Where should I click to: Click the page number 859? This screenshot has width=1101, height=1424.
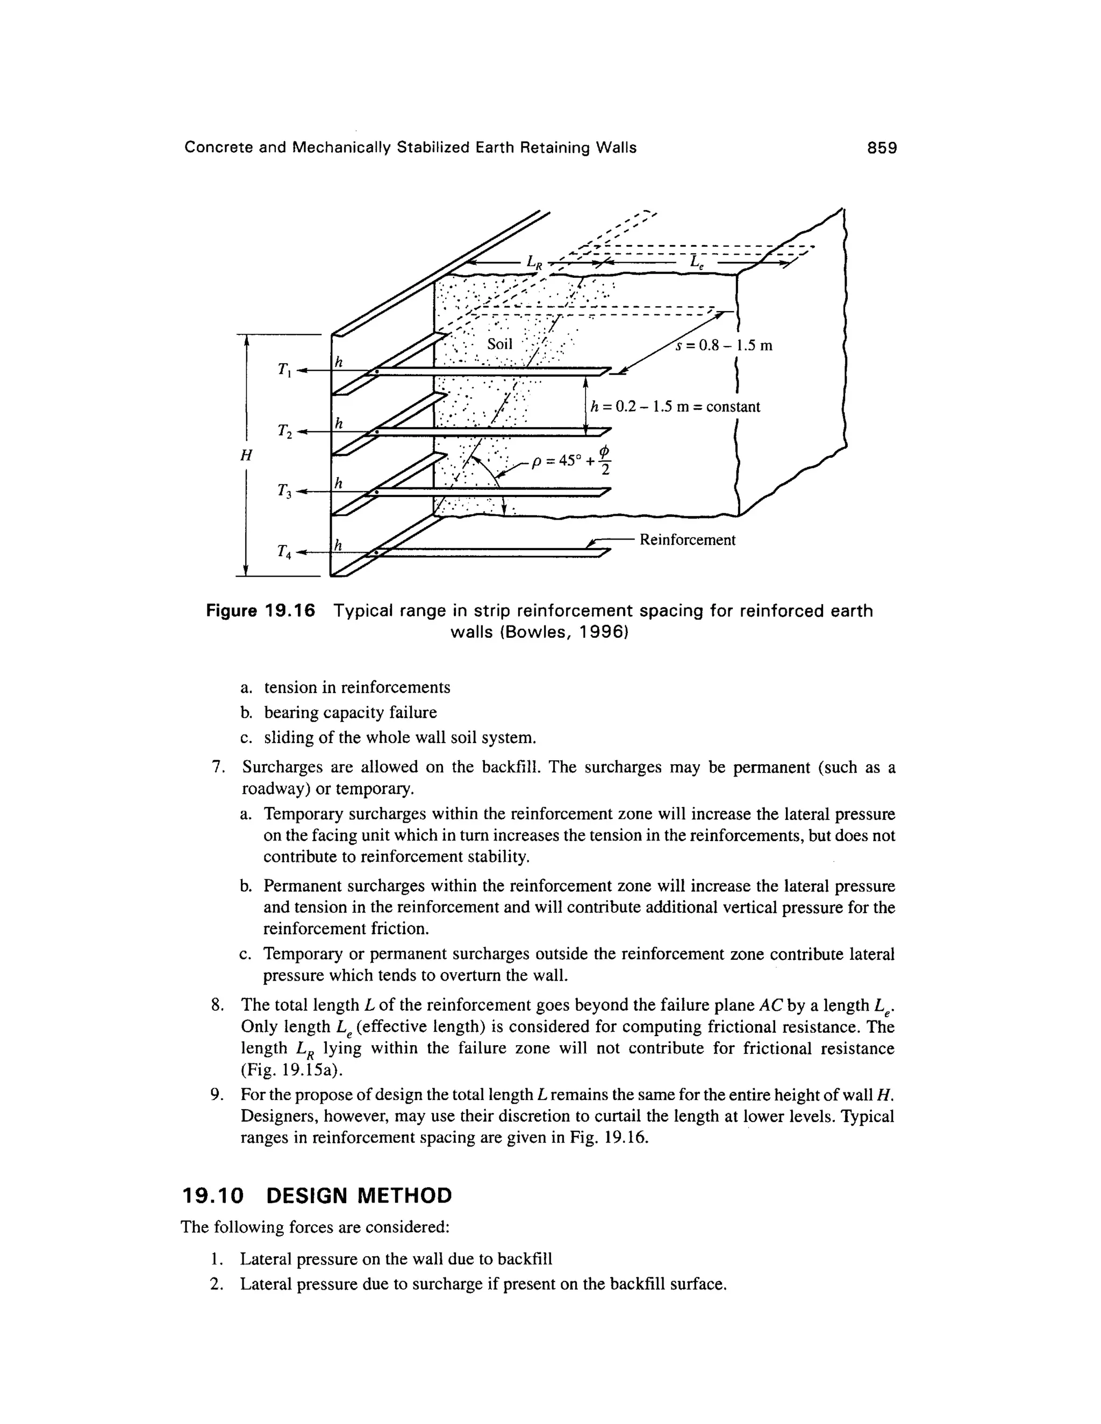point(882,148)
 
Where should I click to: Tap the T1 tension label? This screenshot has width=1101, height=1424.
point(284,370)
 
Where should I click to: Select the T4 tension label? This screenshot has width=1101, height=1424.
point(284,552)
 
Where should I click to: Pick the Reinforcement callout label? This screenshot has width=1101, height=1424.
point(687,540)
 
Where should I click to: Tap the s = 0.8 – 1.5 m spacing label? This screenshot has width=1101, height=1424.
point(724,345)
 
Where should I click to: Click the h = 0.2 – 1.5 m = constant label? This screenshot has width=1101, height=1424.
point(675,407)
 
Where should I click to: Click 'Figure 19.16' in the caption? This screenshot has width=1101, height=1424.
point(260,611)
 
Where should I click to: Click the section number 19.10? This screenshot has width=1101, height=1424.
point(212,1195)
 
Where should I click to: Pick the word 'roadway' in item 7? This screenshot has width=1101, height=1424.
point(271,789)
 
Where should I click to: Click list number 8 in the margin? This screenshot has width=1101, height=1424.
point(217,1005)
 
